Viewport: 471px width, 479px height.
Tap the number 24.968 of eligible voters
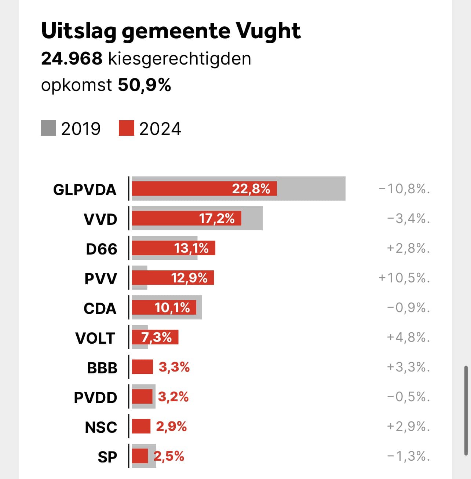[x=72, y=59]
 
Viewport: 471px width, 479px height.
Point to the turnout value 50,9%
[x=145, y=85]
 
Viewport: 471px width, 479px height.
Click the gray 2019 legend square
[x=48, y=128]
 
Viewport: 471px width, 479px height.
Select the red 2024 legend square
[x=127, y=128]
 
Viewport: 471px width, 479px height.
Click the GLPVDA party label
[x=85, y=190]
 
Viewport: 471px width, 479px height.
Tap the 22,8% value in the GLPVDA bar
[x=251, y=189]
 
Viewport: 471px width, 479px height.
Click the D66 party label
[x=101, y=249]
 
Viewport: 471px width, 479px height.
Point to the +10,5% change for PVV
[x=404, y=278]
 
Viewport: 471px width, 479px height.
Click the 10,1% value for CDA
[x=172, y=308]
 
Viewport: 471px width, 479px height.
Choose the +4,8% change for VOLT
[x=408, y=337]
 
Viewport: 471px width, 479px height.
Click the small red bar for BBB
[x=142, y=367]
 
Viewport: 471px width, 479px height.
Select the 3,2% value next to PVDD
[x=173, y=397]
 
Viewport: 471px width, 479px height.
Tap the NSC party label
[x=101, y=427]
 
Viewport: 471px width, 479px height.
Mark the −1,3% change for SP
[x=408, y=456]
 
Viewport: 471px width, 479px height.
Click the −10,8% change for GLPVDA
[x=404, y=189]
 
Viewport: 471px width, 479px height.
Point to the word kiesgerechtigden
[x=179, y=59]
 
